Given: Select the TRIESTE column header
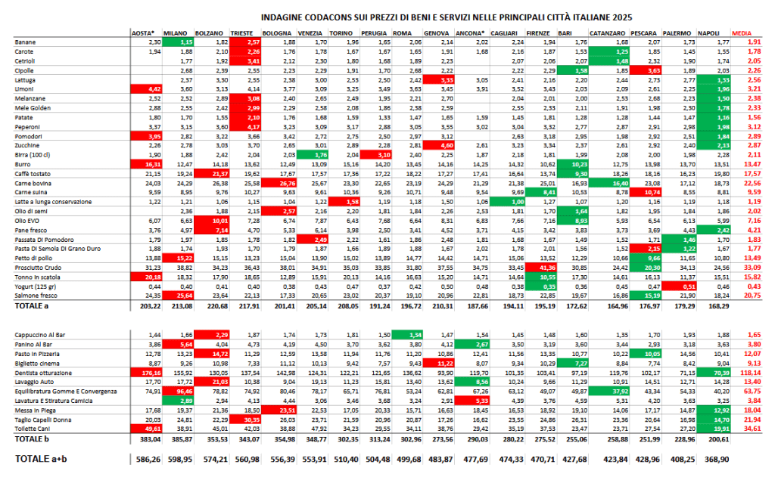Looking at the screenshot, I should click(243, 34).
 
